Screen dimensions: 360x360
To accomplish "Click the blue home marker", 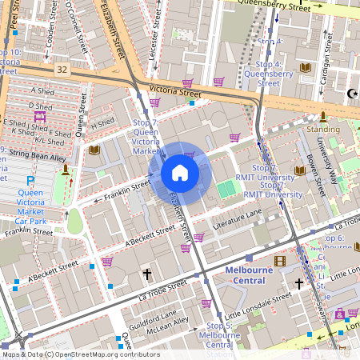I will (x=180, y=173).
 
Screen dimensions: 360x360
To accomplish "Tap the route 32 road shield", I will (x=62, y=70).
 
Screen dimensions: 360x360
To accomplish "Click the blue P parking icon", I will (x=30, y=181).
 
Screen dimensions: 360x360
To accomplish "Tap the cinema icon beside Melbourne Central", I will (x=280, y=261).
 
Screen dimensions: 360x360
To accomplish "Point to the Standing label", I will (x=323, y=128).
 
